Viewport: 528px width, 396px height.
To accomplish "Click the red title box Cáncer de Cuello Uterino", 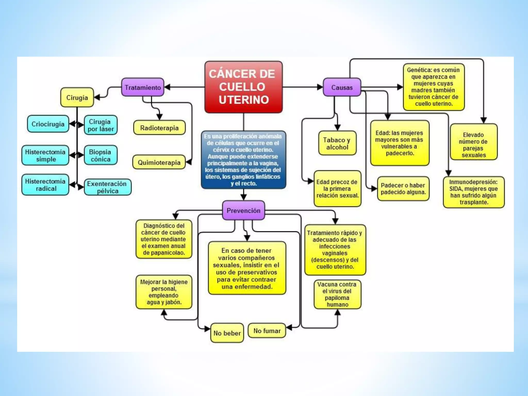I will click(243, 87).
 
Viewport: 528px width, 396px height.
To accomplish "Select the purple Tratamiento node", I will click(143, 87).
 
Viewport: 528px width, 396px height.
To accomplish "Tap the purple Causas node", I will click(342, 87).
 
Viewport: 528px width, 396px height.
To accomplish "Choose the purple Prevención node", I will click(243, 211).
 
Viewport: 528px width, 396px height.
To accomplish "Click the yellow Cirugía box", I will click(77, 97).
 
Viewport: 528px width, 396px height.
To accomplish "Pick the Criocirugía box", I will click(48, 124).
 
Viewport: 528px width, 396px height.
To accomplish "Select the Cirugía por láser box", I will click(101, 125).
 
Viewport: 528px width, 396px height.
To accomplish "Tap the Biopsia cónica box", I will click(101, 155).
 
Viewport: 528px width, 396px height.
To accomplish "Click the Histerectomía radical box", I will click(45, 185).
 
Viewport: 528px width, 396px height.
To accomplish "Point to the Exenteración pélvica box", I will click(107, 187).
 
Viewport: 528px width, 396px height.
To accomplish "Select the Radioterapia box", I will click(159, 128).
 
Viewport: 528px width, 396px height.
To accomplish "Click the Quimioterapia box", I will click(159, 162).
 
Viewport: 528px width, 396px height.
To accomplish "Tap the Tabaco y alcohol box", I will click(337, 143).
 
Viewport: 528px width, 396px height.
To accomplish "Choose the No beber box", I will click(227, 333).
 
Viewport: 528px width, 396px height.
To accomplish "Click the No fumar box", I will click(267, 331).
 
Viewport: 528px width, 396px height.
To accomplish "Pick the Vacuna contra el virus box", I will click(337, 294).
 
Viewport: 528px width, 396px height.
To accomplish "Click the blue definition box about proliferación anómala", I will click(243, 160).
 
